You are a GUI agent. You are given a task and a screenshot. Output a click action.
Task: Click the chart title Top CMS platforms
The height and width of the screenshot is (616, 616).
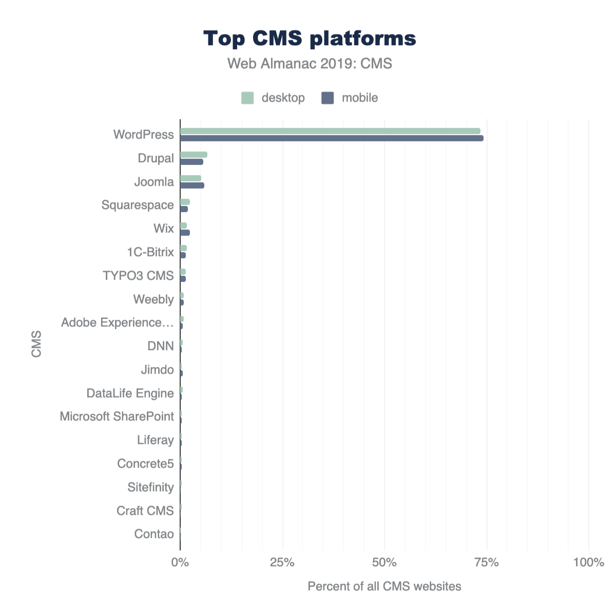point(310,38)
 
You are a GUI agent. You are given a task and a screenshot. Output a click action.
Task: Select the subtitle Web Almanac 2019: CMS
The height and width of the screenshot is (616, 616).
point(310,64)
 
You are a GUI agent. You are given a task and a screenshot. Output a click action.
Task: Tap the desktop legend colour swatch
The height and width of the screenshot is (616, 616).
point(247,98)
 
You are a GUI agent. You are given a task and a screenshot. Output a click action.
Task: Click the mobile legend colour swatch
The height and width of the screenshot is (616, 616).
point(328,98)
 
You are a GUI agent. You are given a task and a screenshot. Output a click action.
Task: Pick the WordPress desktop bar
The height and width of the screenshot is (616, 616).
point(330,131)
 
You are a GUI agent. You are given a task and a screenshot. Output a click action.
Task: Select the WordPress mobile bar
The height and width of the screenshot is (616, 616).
point(332,138)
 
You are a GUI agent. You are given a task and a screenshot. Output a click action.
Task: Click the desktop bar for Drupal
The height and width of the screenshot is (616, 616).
point(194,155)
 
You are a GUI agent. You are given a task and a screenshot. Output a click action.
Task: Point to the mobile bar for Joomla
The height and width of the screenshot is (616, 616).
point(192,185)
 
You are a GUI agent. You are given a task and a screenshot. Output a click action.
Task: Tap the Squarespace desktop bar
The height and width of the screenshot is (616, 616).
point(185,202)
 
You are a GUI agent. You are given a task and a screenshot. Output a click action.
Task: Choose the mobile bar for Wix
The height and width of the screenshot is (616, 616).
point(185,233)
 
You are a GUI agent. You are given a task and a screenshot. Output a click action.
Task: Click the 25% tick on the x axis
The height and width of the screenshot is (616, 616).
point(282,563)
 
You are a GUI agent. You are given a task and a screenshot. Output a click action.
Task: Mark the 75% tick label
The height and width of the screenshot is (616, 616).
point(487,563)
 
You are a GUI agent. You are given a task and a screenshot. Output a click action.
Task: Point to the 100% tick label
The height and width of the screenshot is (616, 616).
point(588,563)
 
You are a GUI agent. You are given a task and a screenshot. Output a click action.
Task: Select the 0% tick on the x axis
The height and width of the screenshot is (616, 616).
point(180,563)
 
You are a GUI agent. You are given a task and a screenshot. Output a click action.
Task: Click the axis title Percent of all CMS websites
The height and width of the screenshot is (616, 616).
point(384,586)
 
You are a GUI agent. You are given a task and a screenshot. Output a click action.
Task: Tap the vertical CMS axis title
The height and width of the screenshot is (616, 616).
point(36,344)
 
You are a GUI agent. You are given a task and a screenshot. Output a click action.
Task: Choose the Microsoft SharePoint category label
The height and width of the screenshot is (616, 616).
point(117,416)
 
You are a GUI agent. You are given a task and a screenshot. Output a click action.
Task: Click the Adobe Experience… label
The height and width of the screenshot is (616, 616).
point(117,322)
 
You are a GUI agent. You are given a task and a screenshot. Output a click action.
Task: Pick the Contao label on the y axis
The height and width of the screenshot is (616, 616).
point(154,534)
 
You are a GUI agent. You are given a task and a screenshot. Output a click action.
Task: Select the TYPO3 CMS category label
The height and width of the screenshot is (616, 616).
point(138,276)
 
